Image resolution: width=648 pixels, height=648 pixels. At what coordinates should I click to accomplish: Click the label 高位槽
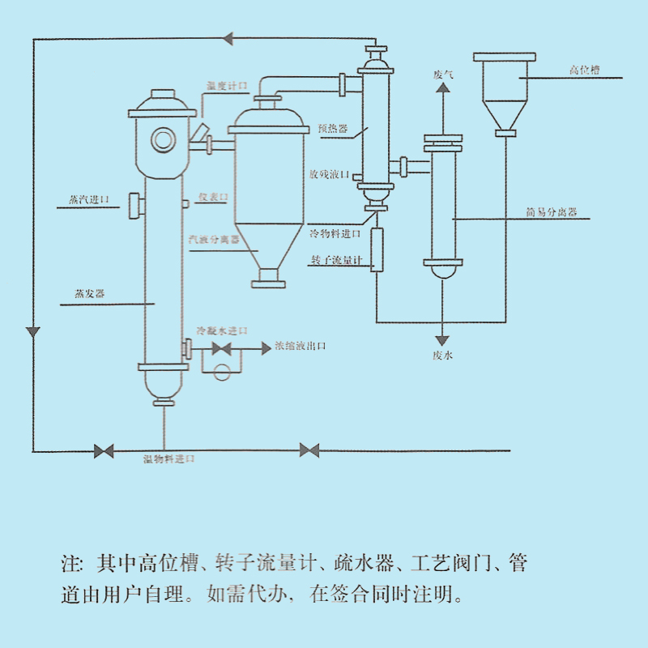(583, 71)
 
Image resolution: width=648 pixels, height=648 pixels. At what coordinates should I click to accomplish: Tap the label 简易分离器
(551, 213)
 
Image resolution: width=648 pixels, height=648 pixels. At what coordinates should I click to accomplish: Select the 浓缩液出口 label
(301, 346)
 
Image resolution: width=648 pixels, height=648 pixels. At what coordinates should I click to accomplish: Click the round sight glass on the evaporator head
(164, 140)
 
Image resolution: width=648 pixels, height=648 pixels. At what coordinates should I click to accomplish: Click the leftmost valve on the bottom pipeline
(104, 450)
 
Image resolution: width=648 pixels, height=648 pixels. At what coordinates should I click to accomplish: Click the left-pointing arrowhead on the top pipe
(228, 38)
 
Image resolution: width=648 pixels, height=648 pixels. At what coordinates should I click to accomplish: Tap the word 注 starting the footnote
(67, 563)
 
